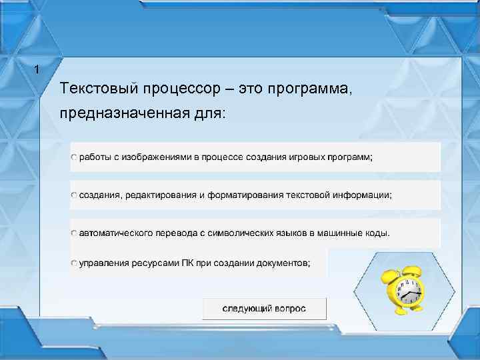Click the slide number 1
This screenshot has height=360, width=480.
tap(37, 70)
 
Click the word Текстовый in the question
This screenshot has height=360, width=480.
tap(92, 89)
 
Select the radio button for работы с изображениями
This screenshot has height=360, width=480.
tap(75, 157)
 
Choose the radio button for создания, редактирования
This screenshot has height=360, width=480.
tap(75, 195)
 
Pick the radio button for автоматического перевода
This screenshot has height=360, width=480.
tap(75, 234)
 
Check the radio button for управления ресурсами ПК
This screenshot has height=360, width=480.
tap(75, 263)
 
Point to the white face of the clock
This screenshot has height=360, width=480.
tap(409, 291)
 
